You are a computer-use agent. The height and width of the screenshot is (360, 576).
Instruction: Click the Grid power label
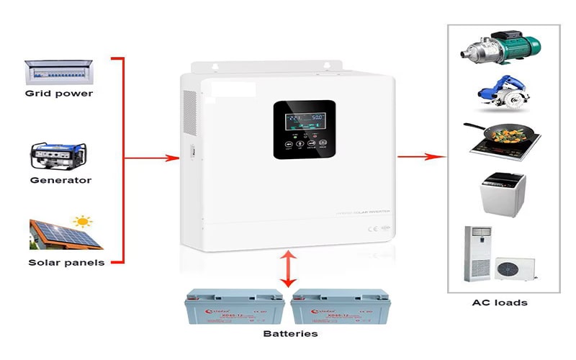click(59, 94)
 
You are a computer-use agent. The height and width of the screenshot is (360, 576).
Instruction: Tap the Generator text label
click(60, 180)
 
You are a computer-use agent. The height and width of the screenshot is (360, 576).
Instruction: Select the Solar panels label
click(66, 263)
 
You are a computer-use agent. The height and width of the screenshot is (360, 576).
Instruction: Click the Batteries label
click(289, 333)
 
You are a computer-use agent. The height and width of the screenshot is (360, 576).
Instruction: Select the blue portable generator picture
click(59, 156)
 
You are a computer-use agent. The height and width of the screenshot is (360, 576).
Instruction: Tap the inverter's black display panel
click(304, 130)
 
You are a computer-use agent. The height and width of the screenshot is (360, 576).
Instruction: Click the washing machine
click(503, 192)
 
